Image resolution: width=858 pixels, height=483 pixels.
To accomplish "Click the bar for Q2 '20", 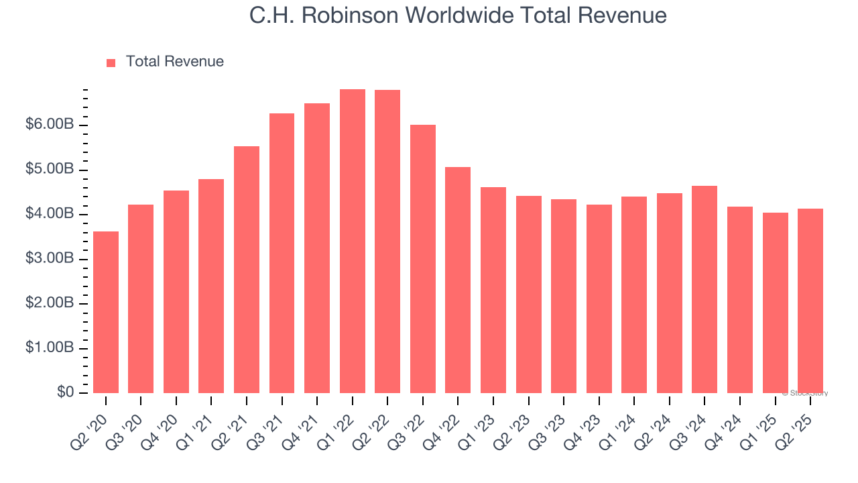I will click(x=106, y=312).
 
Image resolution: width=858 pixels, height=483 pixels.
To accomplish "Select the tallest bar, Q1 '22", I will click(x=353, y=241).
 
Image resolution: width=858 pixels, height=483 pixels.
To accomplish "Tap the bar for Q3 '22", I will click(x=423, y=259).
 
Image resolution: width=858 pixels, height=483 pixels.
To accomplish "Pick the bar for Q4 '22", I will click(x=458, y=280).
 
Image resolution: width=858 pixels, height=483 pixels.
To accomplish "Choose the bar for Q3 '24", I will click(x=704, y=289).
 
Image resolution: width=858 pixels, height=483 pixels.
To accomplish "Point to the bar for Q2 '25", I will click(x=810, y=301).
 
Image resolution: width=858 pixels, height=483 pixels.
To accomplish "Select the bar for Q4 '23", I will click(x=599, y=299).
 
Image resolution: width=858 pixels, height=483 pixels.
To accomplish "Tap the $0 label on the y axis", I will click(x=65, y=392).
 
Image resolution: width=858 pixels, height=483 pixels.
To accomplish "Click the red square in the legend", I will click(x=111, y=62).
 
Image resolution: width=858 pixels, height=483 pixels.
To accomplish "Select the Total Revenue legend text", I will click(x=174, y=62).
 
